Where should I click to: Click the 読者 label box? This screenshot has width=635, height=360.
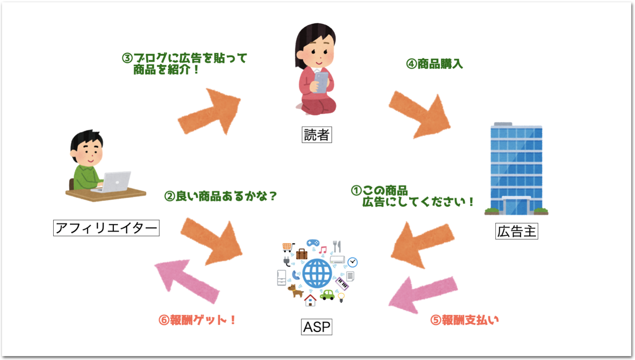[316, 135]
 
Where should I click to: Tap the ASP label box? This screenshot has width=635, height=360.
[316, 327]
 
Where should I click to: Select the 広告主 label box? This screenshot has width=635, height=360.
[516, 231]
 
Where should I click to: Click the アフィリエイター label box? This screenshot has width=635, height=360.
[106, 228]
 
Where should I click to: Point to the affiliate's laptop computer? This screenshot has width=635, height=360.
[115, 182]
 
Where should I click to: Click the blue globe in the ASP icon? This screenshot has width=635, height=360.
[317, 273]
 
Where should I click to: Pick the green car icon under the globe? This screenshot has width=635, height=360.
[328, 295]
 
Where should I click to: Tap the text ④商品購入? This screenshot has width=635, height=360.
[434, 64]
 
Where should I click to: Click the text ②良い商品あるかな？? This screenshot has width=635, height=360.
[221, 196]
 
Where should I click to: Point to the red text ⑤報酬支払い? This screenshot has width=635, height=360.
[464, 320]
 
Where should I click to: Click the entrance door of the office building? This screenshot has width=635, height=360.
[516, 206]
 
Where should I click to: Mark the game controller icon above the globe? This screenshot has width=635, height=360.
[313, 243]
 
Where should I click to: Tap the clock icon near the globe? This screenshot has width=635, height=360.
[352, 262]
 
